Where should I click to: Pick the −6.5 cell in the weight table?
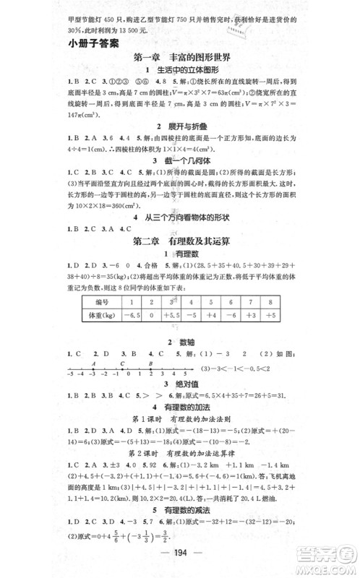132,315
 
